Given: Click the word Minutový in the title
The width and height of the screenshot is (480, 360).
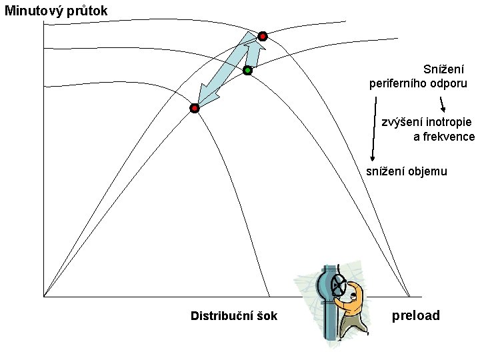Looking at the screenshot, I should click(x=32, y=11).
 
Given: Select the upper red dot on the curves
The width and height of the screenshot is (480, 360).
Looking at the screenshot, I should click(x=263, y=36).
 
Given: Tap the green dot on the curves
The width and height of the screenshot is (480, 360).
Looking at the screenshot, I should click(x=247, y=69).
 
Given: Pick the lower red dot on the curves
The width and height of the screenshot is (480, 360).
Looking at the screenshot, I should click(x=195, y=108).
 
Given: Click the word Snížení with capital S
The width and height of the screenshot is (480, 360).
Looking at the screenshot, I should click(x=443, y=69).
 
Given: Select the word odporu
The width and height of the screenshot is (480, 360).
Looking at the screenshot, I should click(x=449, y=84).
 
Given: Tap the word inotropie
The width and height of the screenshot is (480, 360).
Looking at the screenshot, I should click(x=446, y=122).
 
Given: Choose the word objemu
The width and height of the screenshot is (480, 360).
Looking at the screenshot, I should click(x=428, y=171).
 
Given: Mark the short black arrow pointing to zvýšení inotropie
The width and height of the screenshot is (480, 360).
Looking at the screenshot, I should click(x=441, y=105).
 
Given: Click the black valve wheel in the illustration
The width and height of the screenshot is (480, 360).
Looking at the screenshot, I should click(x=339, y=286).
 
